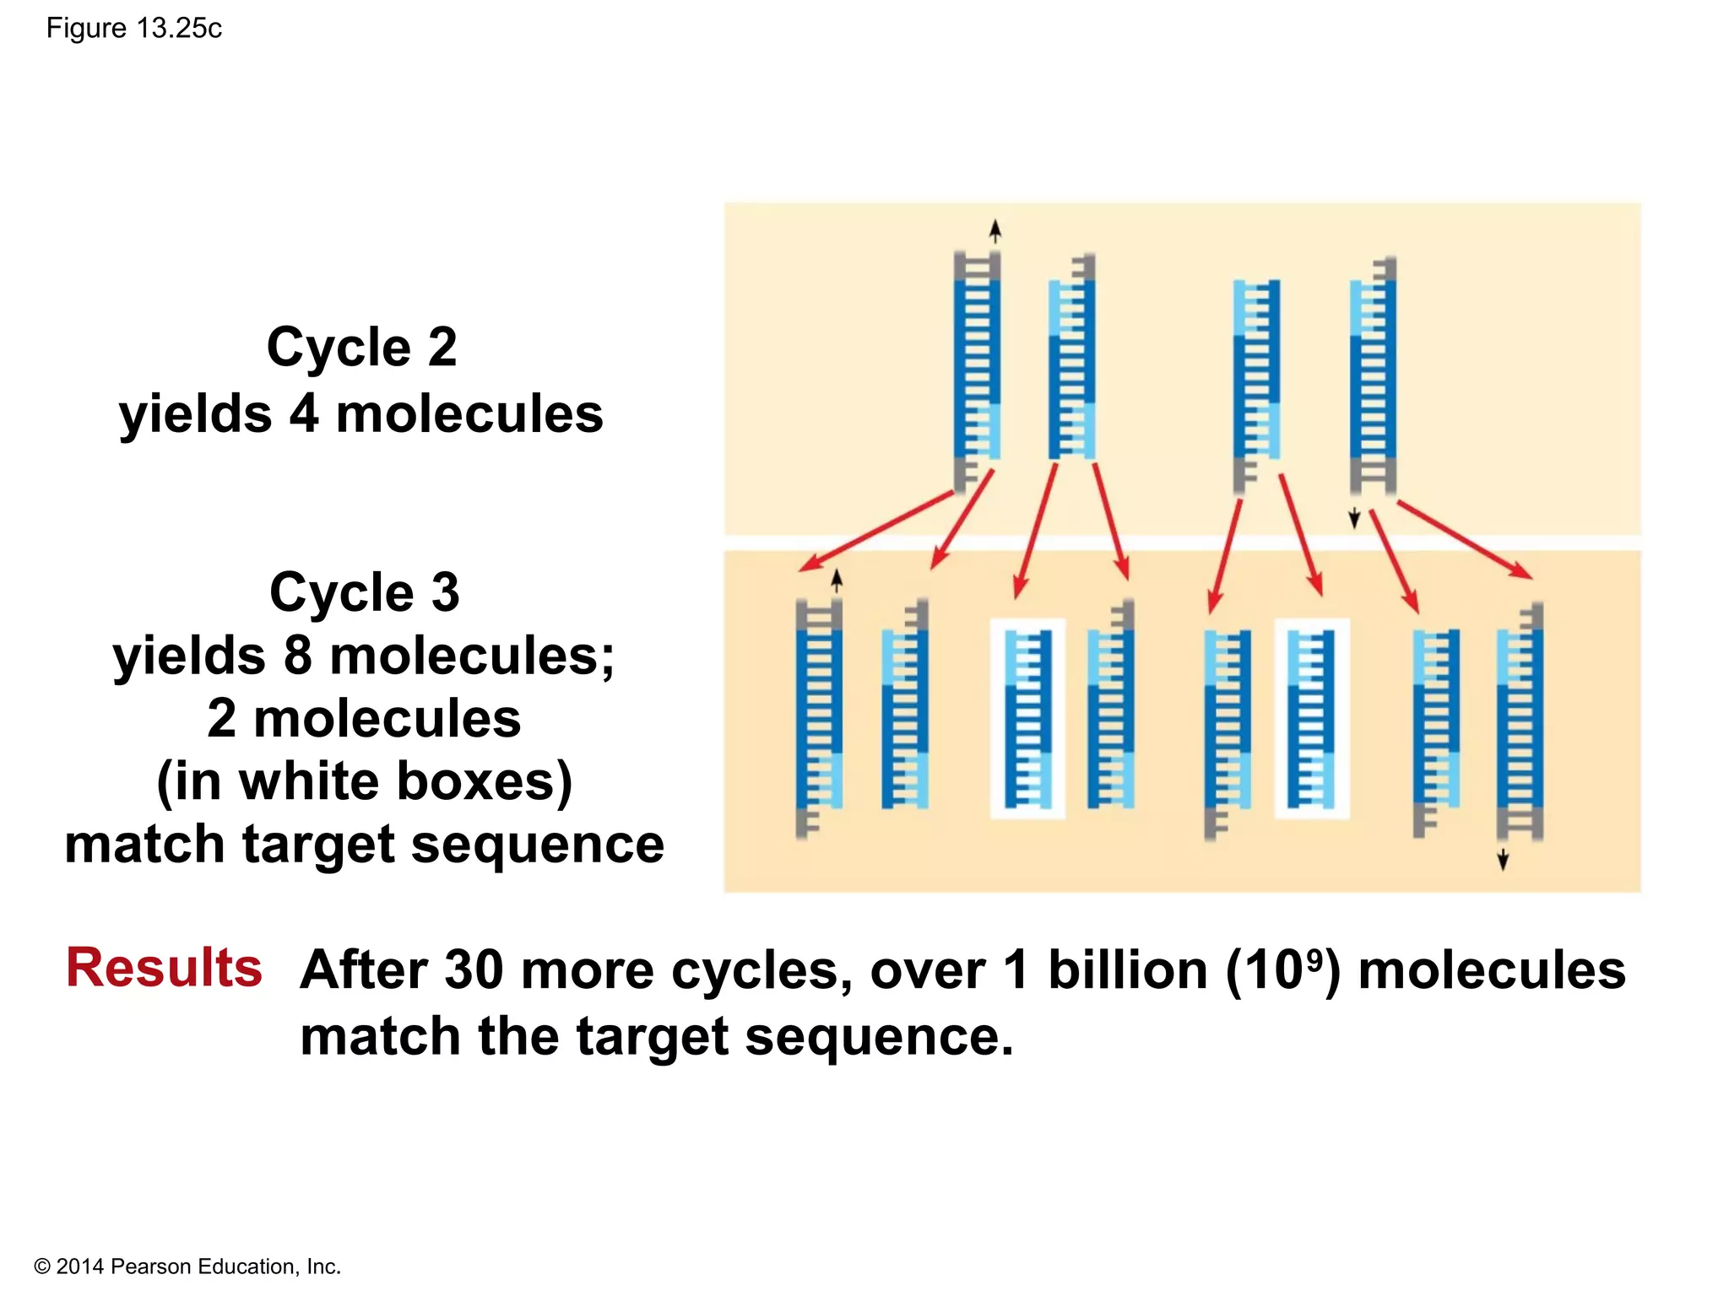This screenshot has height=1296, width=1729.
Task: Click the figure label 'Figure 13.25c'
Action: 133,29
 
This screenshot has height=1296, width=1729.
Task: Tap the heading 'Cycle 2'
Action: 361,347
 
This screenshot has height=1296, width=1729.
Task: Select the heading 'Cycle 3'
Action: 365,591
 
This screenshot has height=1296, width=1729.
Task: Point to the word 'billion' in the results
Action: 1128,969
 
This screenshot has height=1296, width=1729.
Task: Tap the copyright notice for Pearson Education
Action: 187,1266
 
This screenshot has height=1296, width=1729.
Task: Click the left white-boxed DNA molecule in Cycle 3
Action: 1027,718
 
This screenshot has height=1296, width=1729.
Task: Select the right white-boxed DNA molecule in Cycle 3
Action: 1311,718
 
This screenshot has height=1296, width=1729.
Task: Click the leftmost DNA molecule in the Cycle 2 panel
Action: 977,371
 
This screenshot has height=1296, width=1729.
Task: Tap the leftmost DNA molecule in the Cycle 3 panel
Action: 818,718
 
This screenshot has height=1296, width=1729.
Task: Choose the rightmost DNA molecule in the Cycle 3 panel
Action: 1520,721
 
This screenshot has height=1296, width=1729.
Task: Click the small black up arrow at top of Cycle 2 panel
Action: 995,230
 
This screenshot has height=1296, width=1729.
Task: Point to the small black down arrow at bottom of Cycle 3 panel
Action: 1503,860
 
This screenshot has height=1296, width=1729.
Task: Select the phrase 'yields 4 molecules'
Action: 361,414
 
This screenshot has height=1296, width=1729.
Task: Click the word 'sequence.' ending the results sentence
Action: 879,1036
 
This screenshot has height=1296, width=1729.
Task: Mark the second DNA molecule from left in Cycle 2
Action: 1071,359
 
